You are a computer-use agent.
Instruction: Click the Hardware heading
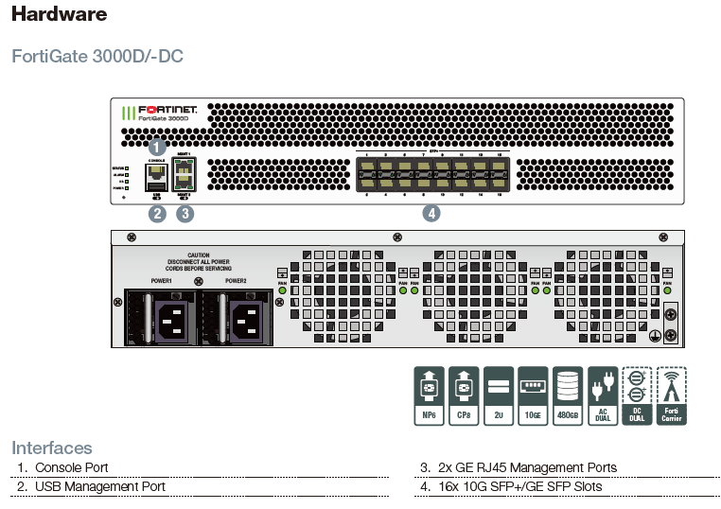click(60, 14)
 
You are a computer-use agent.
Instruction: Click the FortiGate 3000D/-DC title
click(97, 56)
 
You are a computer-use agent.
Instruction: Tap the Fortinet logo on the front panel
click(161, 113)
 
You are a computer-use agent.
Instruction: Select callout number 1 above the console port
click(158, 147)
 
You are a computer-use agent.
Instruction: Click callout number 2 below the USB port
click(158, 214)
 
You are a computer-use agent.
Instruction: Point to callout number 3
click(185, 214)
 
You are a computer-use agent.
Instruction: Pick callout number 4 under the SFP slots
click(431, 214)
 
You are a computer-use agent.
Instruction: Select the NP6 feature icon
click(430, 395)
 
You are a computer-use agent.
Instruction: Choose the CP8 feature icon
click(464, 395)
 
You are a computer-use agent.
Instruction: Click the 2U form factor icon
click(498, 395)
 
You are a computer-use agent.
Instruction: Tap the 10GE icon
click(533, 395)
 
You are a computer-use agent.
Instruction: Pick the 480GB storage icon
click(568, 395)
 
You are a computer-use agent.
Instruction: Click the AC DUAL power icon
click(603, 395)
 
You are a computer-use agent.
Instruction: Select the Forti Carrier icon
click(672, 395)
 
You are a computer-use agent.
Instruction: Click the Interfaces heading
click(52, 448)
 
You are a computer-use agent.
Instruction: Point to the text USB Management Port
click(100, 486)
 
